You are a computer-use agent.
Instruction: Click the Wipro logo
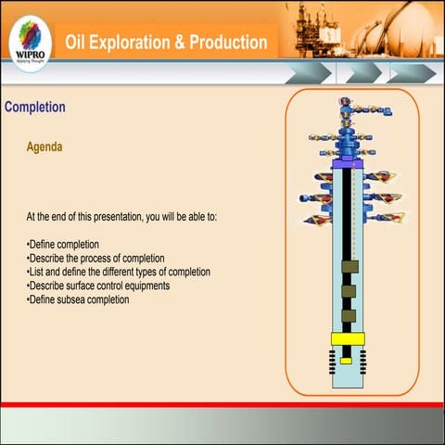(28, 42)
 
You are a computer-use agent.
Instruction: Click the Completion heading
(35, 108)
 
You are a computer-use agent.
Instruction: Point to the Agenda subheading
(44, 146)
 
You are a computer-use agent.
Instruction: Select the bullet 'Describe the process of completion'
(95, 258)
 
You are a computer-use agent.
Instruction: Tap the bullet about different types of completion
(119, 272)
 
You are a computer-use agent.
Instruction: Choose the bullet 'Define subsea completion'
(78, 299)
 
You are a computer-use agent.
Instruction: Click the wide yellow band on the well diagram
(349, 337)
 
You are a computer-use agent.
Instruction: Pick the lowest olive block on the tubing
(349, 316)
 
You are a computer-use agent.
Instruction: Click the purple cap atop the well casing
(349, 163)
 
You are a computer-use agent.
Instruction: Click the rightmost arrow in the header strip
(412, 72)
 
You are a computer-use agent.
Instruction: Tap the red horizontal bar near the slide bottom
(222, 404)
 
